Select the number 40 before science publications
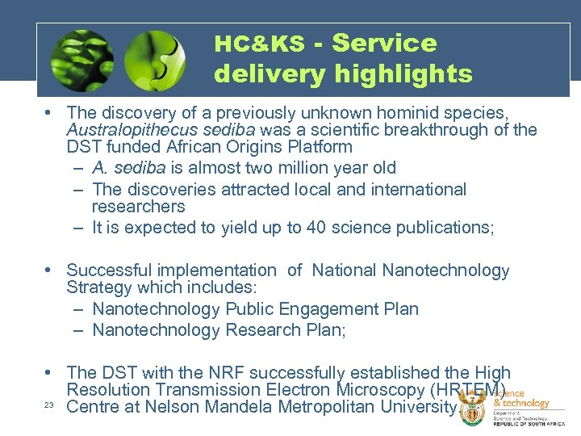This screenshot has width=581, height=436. click(317, 228)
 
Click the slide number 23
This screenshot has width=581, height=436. click(49, 405)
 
